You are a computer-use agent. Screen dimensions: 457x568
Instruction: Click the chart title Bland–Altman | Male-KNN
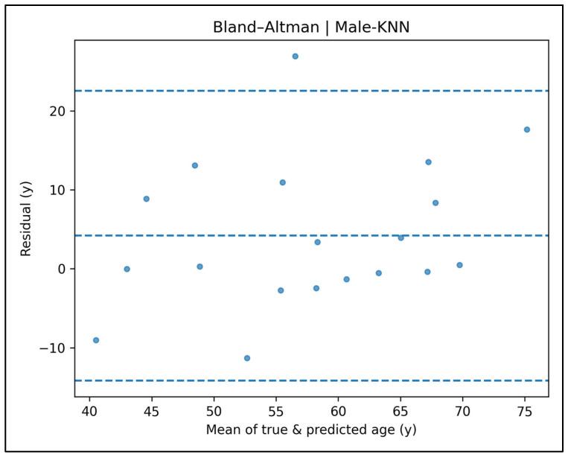coord(312,28)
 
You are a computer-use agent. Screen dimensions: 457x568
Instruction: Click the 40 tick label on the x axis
coord(89,411)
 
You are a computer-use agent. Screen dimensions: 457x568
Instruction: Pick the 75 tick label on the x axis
coord(525,411)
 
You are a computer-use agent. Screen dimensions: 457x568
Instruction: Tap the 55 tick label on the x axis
coord(276,411)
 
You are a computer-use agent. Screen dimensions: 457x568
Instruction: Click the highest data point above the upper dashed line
coord(295,56)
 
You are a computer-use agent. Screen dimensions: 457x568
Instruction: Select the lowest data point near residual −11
coord(247,358)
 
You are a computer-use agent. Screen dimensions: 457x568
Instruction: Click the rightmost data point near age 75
coord(527,130)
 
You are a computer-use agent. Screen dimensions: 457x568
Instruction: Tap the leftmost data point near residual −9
coord(95,340)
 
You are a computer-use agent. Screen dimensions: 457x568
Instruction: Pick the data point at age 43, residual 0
coord(127,269)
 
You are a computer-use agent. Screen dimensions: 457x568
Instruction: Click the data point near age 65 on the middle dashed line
coord(401,237)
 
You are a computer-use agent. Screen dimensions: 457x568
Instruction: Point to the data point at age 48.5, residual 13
coord(195,165)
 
